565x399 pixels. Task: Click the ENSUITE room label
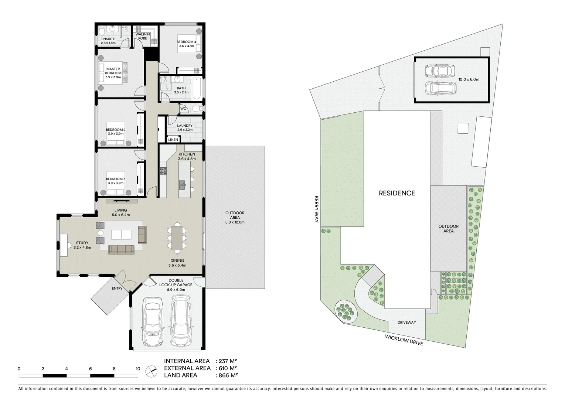pyautogui.click(x=108, y=39)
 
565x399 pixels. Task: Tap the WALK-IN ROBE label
pyautogui.click(x=143, y=36)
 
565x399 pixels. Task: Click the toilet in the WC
pyautogui.click(x=196, y=109)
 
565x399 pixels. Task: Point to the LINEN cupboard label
pyautogui.click(x=173, y=140)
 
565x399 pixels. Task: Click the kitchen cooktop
pyautogui.click(x=163, y=171)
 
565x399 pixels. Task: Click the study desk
pyautogui.click(x=63, y=245)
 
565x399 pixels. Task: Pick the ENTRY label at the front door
pyautogui.click(x=117, y=289)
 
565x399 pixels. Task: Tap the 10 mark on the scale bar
pyautogui.click(x=138, y=369)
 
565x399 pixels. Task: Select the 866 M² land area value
pyautogui.click(x=226, y=375)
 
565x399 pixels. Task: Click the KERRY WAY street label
pyautogui.click(x=317, y=210)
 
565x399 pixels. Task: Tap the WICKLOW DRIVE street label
pyautogui.click(x=404, y=339)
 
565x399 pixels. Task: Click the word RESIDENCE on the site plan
pyautogui.click(x=396, y=193)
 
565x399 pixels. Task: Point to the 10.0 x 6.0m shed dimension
pyautogui.click(x=469, y=79)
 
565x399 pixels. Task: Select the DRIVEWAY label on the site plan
pyautogui.click(x=406, y=323)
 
